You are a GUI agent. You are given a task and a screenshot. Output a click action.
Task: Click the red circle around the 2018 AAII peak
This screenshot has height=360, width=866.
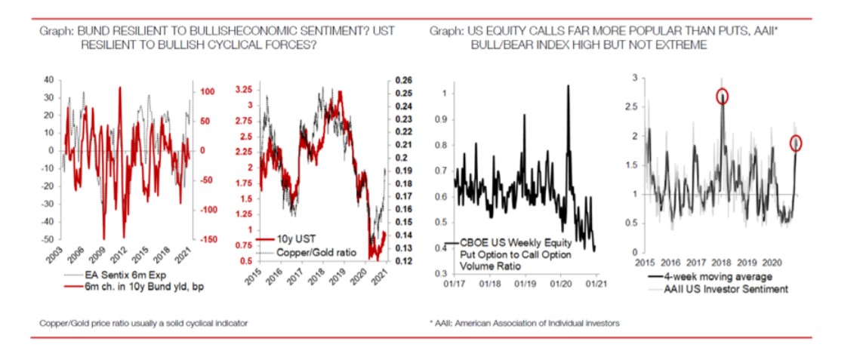click(x=723, y=96)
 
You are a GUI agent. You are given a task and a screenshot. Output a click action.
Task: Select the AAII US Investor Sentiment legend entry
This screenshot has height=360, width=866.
click(x=713, y=288)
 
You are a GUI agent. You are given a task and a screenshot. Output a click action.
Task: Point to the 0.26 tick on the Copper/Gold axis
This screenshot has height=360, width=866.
click(x=403, y=80)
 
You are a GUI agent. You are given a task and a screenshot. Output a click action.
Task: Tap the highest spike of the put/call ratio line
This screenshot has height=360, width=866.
click(x=567, y=86)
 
